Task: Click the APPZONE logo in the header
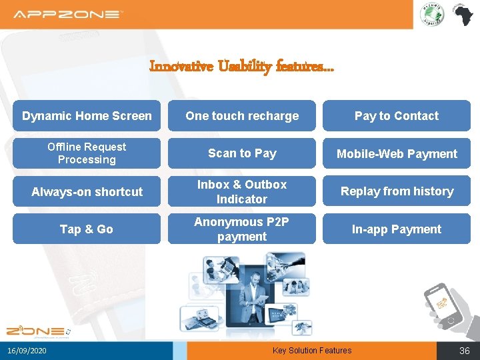point(68,14)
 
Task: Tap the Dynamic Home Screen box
point(87,116)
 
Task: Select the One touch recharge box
point(242,116)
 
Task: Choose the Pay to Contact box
point(397,116)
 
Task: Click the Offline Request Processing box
point(87,153)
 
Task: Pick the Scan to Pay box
point(242,153)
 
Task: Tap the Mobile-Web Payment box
point(397,153)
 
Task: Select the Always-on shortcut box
point(87,191)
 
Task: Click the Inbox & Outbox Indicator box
point(242,191)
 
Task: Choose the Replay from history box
point(397,191)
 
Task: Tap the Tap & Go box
point(87,229)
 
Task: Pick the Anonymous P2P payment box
point(242,229)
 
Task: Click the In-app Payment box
point(397,229)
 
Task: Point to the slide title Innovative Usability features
point(242,66)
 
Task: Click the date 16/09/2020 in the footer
point(27,351)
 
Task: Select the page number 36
point(464,351)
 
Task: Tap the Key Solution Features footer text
point(312,351)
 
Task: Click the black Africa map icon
point(463,15)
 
